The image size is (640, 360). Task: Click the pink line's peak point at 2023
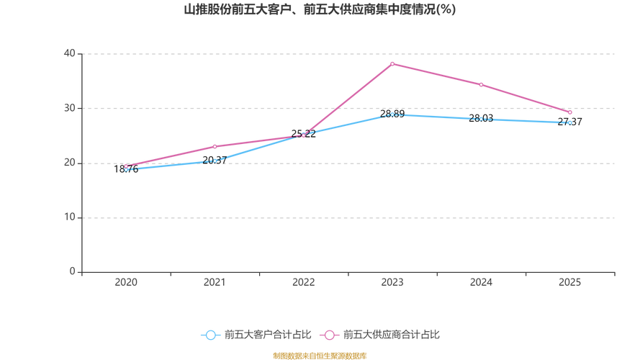[392, 63]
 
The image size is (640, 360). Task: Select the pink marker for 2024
[481, 85]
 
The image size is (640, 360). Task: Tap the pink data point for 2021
[215, 146]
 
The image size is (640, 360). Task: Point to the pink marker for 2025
[569, 113]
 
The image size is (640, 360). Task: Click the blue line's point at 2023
[392, 114]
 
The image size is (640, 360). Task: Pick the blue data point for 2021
[215, 161]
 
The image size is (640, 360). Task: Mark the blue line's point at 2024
[481, 119]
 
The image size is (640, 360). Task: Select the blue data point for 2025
[569, 123]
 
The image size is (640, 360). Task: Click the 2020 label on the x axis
[126, 283]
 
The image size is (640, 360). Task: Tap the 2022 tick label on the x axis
[303, 283]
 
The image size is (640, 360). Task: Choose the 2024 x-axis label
[481, 283]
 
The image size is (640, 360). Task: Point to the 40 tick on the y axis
[70, 53]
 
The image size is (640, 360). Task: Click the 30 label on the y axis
[70, 108]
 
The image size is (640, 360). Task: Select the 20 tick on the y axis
[70, 163]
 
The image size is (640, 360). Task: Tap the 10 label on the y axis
[70, 217]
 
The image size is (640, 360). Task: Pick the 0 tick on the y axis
[73, 271]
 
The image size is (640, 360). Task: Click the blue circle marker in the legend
[210, 335]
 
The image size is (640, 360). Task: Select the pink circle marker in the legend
[330, 335]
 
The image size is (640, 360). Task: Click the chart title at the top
[320, 11]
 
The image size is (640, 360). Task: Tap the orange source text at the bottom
[320, 354]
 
